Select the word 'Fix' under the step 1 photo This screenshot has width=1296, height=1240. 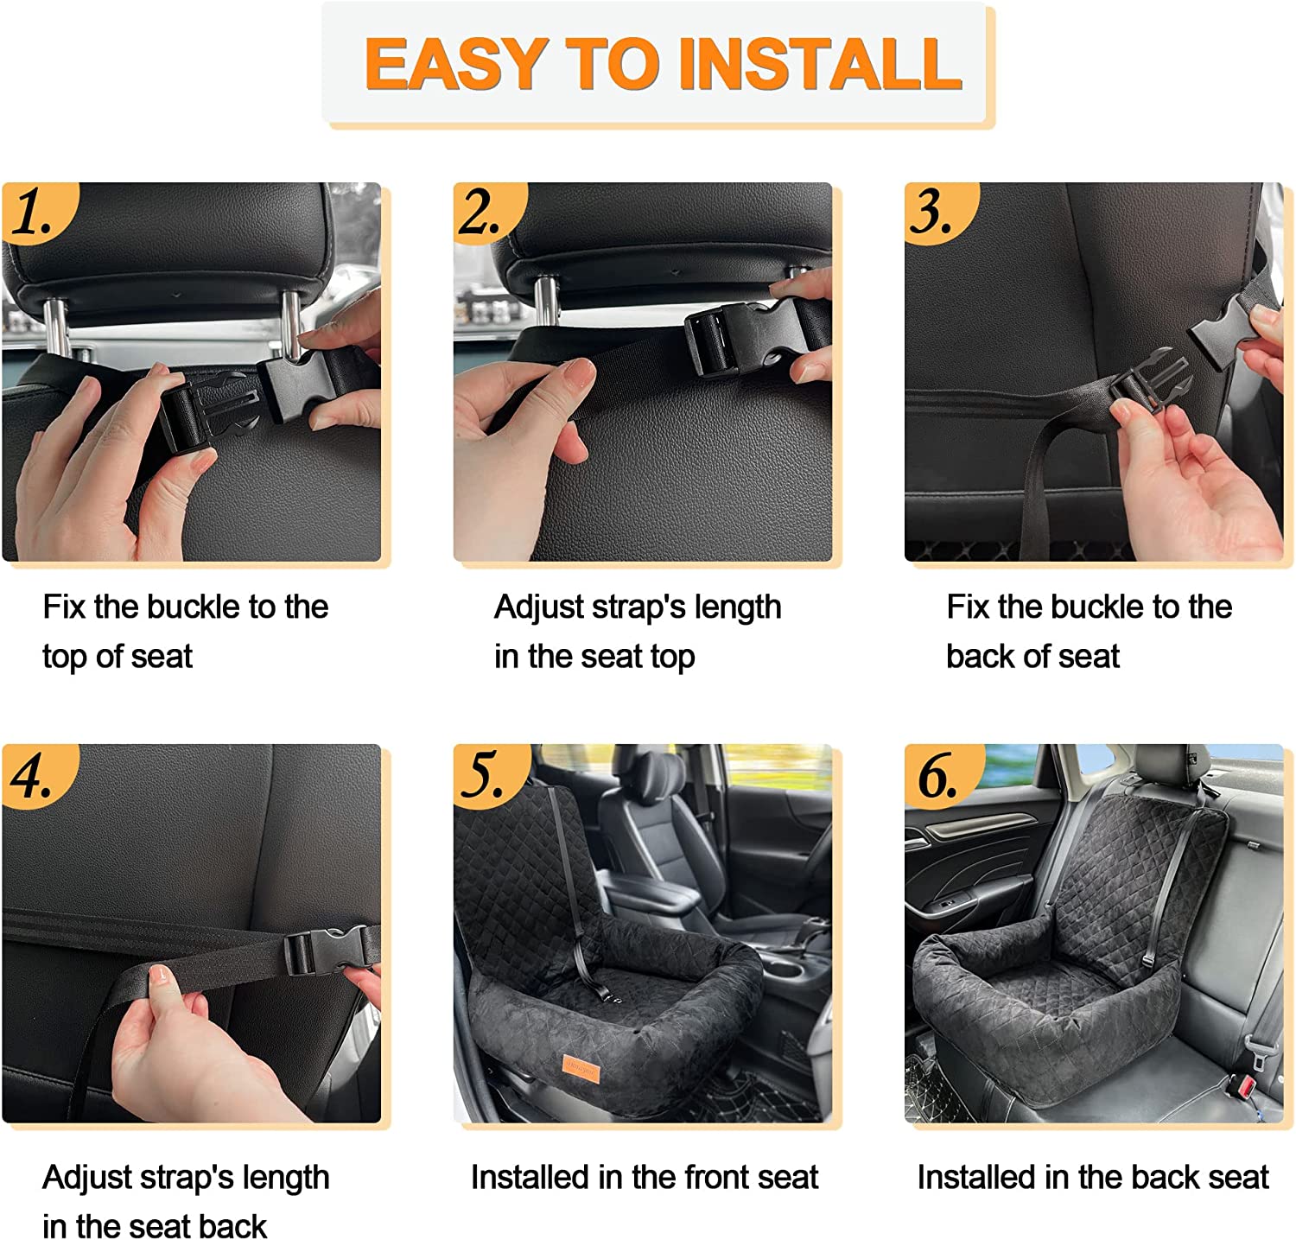(x=64, y=607)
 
